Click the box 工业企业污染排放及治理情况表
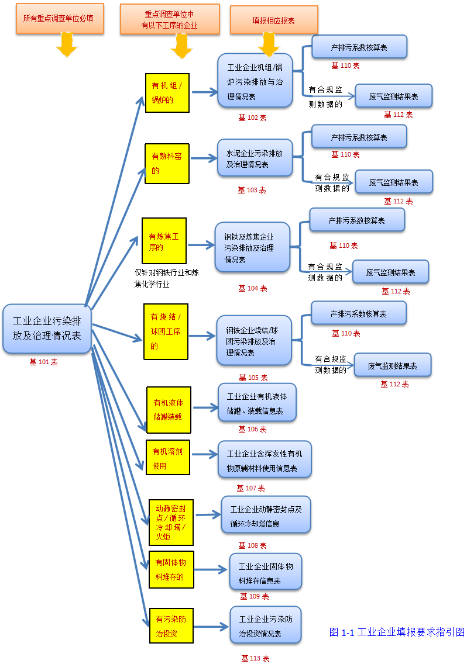47,328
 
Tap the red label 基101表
43,362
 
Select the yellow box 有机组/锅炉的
167,92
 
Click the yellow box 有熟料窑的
167,164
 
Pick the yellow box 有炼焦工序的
164,241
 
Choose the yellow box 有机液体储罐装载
168,410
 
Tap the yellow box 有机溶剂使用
168,458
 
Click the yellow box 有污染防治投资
171,626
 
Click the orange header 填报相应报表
273,20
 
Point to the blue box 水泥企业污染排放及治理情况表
255,158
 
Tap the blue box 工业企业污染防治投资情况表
265,625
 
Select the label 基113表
255,658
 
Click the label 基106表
252,429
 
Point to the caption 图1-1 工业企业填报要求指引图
397,632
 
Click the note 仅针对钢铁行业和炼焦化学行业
166,278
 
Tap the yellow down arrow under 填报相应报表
269,44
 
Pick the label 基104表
252,288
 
